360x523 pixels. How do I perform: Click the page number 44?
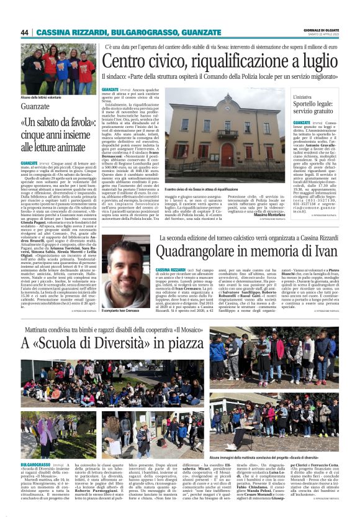[25, 32]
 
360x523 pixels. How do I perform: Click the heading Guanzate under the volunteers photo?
[35, 106]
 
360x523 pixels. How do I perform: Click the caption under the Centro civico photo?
[205, 189]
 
